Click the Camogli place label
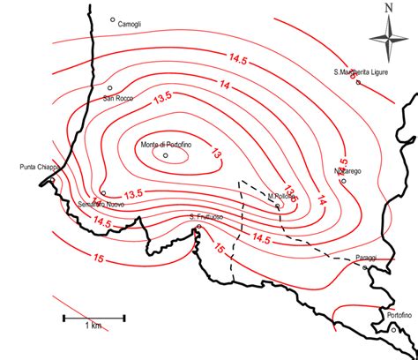[x=130, y=25]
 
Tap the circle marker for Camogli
[x=113, y=19]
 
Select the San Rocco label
[x=118, y=98]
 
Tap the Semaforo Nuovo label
[x=101, y=204]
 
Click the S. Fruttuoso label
[x=205, y=216]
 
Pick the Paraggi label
[x=366, y=258]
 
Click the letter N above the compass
[x=388, y=10]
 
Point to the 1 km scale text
[x=93, y=326]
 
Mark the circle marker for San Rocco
[x=110, y=88]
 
